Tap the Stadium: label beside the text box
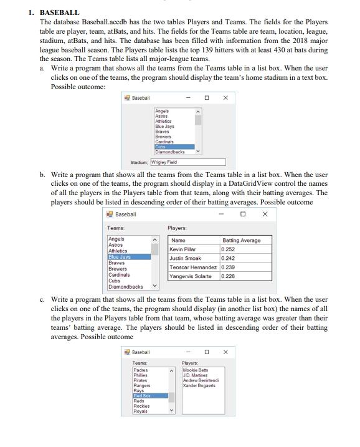click(x=139, y=162)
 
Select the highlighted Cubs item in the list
click(x=174, y=147)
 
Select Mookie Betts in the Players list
click(x=195, y=370)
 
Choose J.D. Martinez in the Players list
click(x=195, y=375)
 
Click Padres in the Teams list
click(x=141, y=370)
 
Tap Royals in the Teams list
click(x=141, y=411)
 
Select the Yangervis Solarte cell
click(x=193, y=276)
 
